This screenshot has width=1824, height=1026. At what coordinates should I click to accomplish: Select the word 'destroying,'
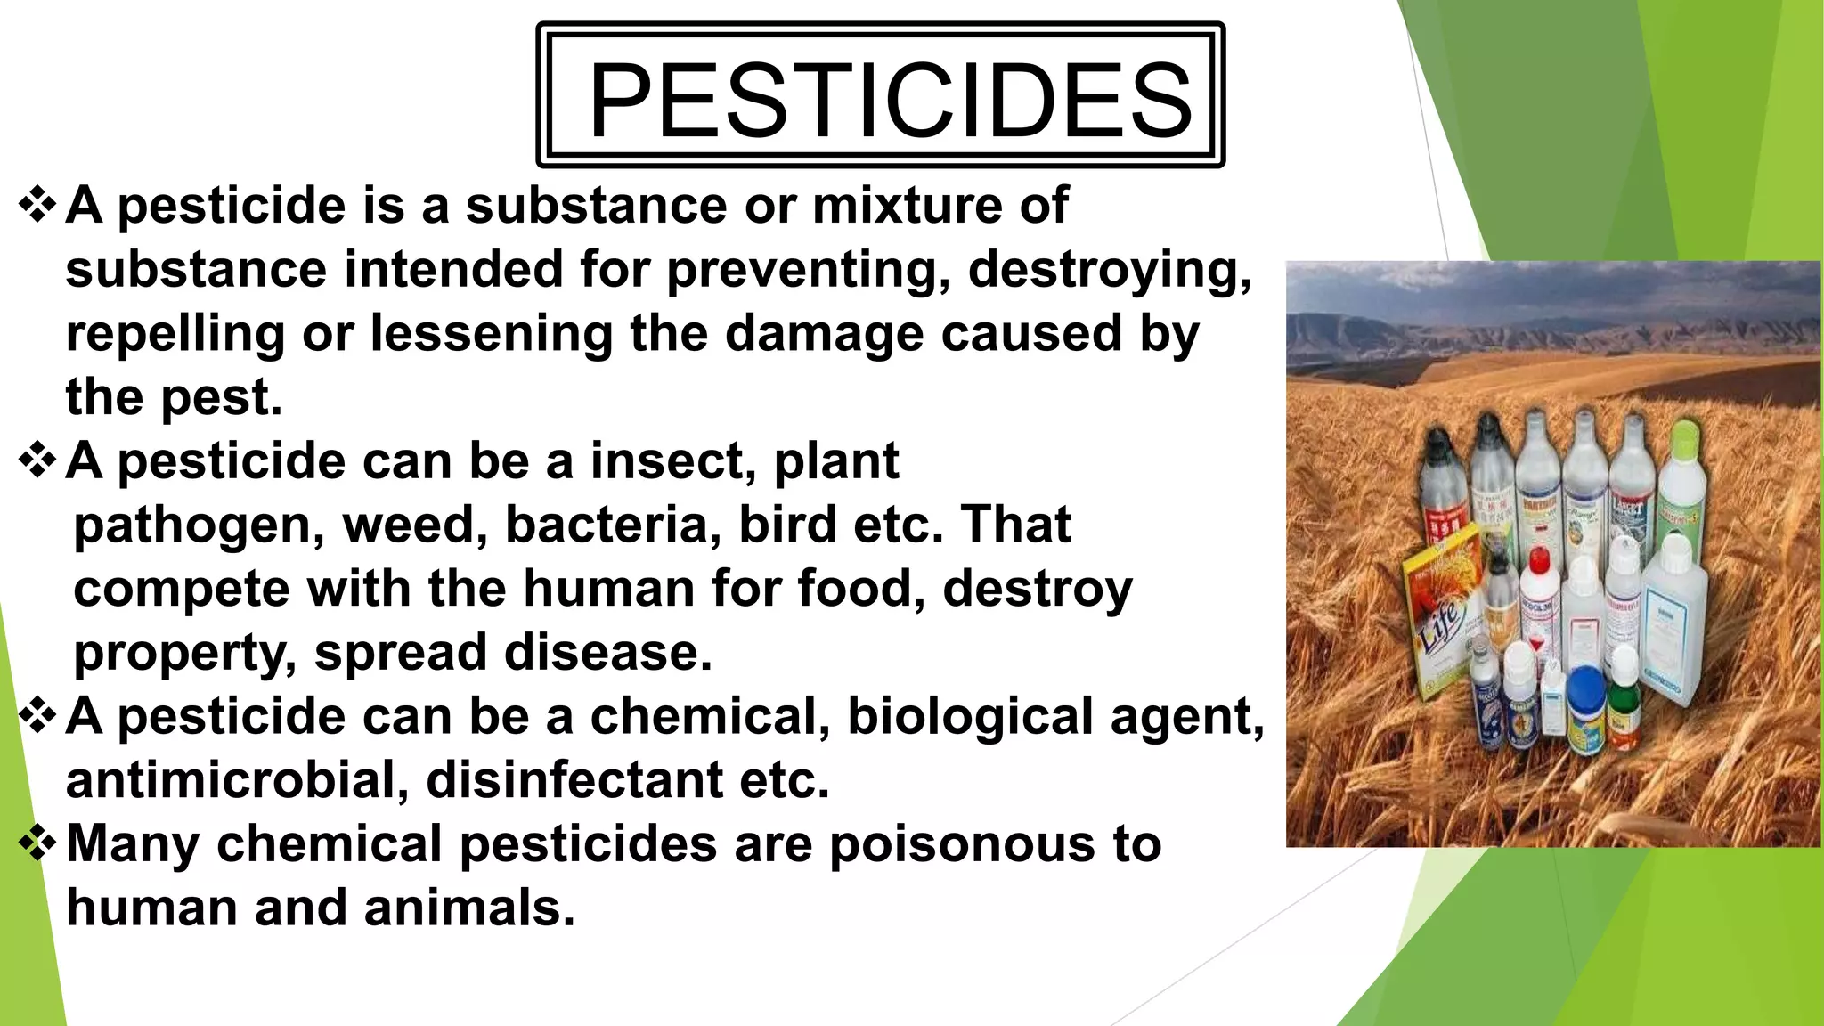point(1110,269)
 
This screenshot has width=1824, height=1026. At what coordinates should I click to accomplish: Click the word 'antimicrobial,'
point(237,780)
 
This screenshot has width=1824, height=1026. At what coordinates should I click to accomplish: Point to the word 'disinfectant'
point(574,780)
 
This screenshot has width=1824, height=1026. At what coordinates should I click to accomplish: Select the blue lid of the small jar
point(1585,687)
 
